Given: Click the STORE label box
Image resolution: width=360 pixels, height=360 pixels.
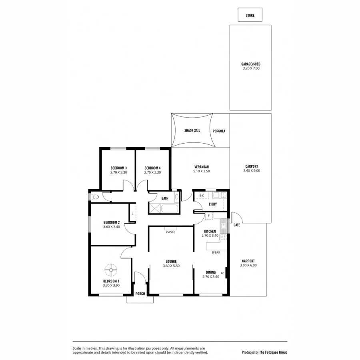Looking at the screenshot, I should point(250,15).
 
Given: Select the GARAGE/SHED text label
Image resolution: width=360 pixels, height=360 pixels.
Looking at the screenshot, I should point(251,64).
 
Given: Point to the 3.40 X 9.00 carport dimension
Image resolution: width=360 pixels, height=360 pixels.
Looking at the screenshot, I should point(251,171).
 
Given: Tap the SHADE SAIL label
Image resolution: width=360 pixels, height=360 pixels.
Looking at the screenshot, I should point(192,131).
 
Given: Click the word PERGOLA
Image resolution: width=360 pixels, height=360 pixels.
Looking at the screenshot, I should point(219,131).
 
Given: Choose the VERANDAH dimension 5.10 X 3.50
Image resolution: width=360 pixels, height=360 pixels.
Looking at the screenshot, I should point(202,171).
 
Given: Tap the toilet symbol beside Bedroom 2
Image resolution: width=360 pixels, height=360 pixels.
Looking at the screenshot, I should point(94,197).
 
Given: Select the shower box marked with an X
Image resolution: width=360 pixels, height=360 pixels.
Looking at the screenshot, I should point(154,208).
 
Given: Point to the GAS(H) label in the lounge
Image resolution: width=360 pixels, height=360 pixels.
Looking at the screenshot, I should point(170,232).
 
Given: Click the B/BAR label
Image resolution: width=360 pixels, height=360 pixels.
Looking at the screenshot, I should point(216,252).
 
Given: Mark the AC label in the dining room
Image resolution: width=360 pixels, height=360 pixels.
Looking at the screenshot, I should point(222,273).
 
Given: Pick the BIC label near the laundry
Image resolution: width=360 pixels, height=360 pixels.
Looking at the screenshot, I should point(201,196).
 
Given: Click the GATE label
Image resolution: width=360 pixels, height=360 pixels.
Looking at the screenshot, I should point(237,225).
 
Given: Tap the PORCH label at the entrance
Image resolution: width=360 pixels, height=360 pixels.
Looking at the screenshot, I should point(140,294).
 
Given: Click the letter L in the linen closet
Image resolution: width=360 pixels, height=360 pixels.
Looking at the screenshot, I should point(132,214).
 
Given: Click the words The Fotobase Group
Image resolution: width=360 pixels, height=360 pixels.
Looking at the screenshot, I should point(273,352).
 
